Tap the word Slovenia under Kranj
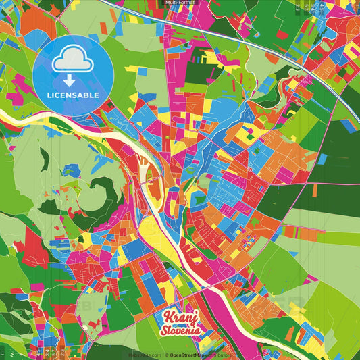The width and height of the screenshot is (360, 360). [x=181, y=331]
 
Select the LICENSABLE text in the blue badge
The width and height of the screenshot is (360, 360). [x=73, y=95]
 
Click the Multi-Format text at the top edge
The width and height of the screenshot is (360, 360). [x=180, y=3]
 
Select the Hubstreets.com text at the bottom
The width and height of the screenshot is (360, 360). [x=145, y=355]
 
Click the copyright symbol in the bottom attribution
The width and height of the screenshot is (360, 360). [x=166, y=355]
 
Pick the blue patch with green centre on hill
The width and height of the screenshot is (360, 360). [x=71, y=170]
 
